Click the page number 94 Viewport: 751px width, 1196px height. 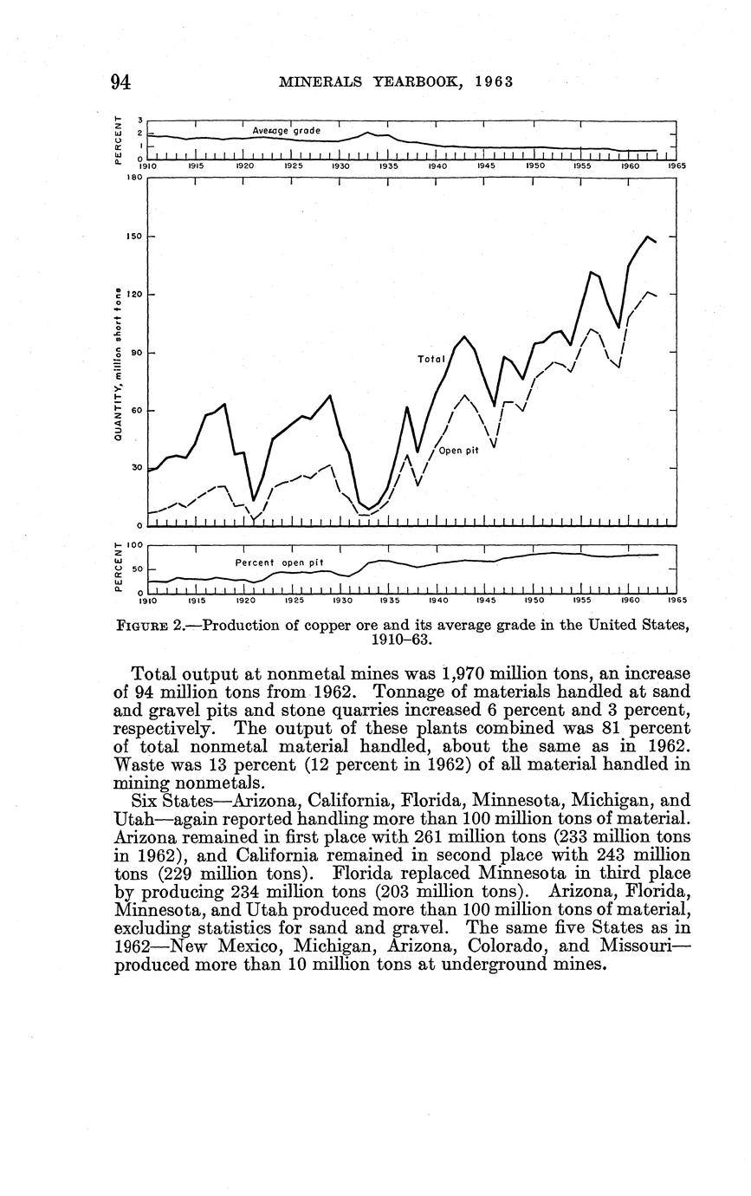[x=121, y=82]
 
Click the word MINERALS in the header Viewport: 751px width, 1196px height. [x=313, y=82]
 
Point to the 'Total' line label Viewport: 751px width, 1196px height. [x=431, y=358]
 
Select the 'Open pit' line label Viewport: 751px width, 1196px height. [x=459, y=451]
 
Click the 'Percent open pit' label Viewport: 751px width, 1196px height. [x=279, y=562]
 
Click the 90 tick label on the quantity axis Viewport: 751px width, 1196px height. [x=134, y=353]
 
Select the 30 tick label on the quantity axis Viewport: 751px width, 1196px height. [x=134, y=468]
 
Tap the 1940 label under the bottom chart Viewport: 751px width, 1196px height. [x=437, y=599]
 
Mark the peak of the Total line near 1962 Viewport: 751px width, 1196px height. [x=647, y=236]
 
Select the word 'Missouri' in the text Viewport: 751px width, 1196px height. [x=649, y=946]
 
